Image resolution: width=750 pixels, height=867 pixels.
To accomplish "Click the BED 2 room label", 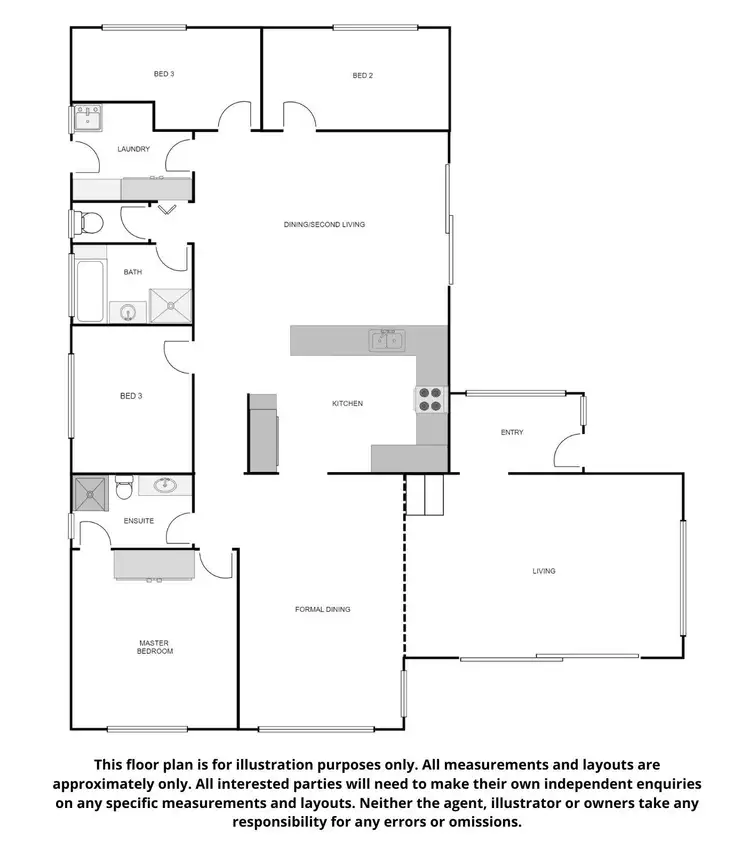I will (x=362, y=75).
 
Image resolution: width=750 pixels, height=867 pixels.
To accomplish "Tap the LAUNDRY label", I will (x=133, y=150).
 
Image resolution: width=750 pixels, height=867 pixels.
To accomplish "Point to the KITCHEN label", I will (x=347, y=404).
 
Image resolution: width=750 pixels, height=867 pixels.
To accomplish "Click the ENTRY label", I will (x=512, y=433).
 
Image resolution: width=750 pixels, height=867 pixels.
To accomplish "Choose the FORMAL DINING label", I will (x=322, y=609).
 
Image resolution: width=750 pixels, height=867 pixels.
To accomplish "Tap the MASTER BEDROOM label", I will (x=155, y=647).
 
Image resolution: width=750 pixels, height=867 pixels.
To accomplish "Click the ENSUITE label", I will (x=138, y=521).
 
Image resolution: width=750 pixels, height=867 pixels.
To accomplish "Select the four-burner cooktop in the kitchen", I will (x=430, y=399).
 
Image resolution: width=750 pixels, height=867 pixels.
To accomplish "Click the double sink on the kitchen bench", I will (x=387, y=341).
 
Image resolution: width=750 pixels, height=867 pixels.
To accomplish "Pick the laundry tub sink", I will (x=87, y=120).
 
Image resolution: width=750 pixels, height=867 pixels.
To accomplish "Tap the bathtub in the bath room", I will (x=90, y=289).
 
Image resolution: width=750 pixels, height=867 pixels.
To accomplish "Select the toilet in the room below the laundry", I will (x=88, y=221).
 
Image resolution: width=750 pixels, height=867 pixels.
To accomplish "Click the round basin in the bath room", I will (x=128, y=313).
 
